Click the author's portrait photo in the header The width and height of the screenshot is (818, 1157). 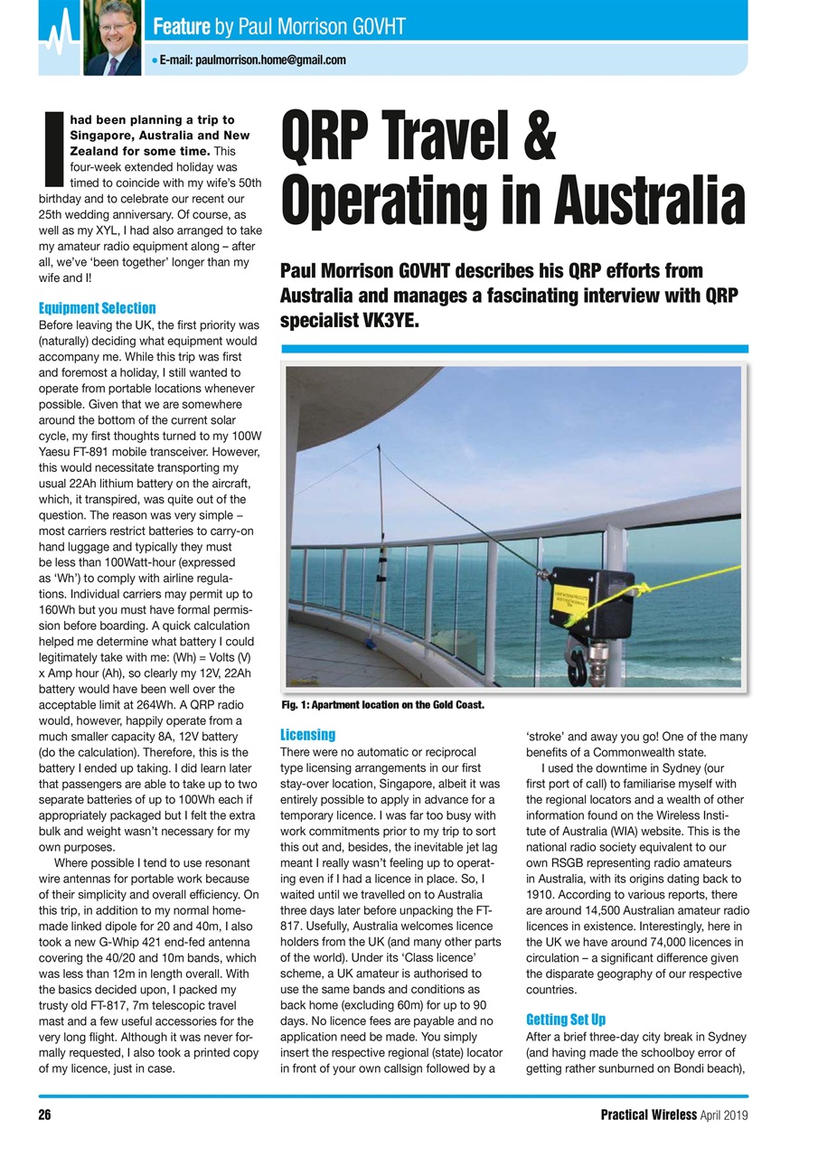pyautogui.click(x=113, y=37)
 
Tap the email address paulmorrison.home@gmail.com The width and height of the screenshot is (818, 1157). pyautogui.click(x=252, y=60)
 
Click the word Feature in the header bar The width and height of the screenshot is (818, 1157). pyautogui.click(x=182, y=27)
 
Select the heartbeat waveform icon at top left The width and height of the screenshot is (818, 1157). pyautogui.click(x=59, y=36)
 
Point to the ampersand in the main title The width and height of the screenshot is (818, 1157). pyautogui.click(x=539, y=136)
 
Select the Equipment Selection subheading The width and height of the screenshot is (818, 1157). pyautogui.click(x=98, y=308)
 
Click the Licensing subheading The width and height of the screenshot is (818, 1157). pyautogui.click(x=308, y=735)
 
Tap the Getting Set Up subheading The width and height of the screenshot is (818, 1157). pyautogui.click(x=566, y=1020)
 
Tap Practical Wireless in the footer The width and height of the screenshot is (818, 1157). pyautogui.click(x=648, y=1115)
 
